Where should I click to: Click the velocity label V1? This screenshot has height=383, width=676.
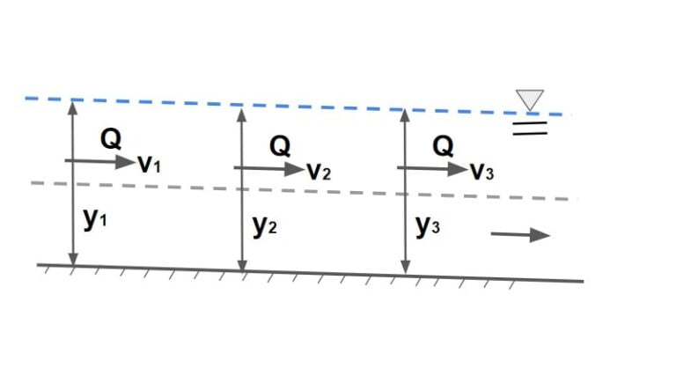click(x=148, y=165)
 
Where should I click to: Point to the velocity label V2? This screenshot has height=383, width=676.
click(x=318, y=170)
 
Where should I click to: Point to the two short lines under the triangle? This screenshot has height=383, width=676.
click(x=531, y=129)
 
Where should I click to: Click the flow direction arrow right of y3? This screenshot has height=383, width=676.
click(x=520, y=234)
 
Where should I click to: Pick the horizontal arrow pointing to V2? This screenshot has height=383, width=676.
click(x=268, y=167)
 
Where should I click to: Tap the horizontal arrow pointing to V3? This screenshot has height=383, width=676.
click(x=432, y=166)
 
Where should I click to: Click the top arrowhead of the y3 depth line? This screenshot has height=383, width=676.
click(x=405, y=115)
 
